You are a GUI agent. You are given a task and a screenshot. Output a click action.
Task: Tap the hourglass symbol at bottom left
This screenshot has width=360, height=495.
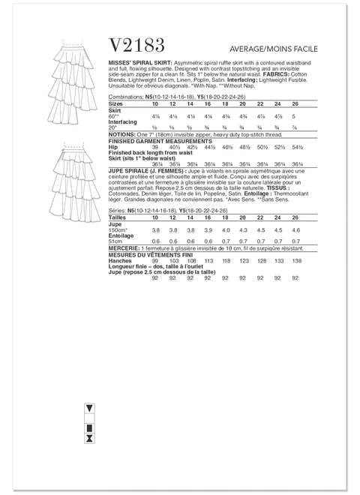click(89, 433)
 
